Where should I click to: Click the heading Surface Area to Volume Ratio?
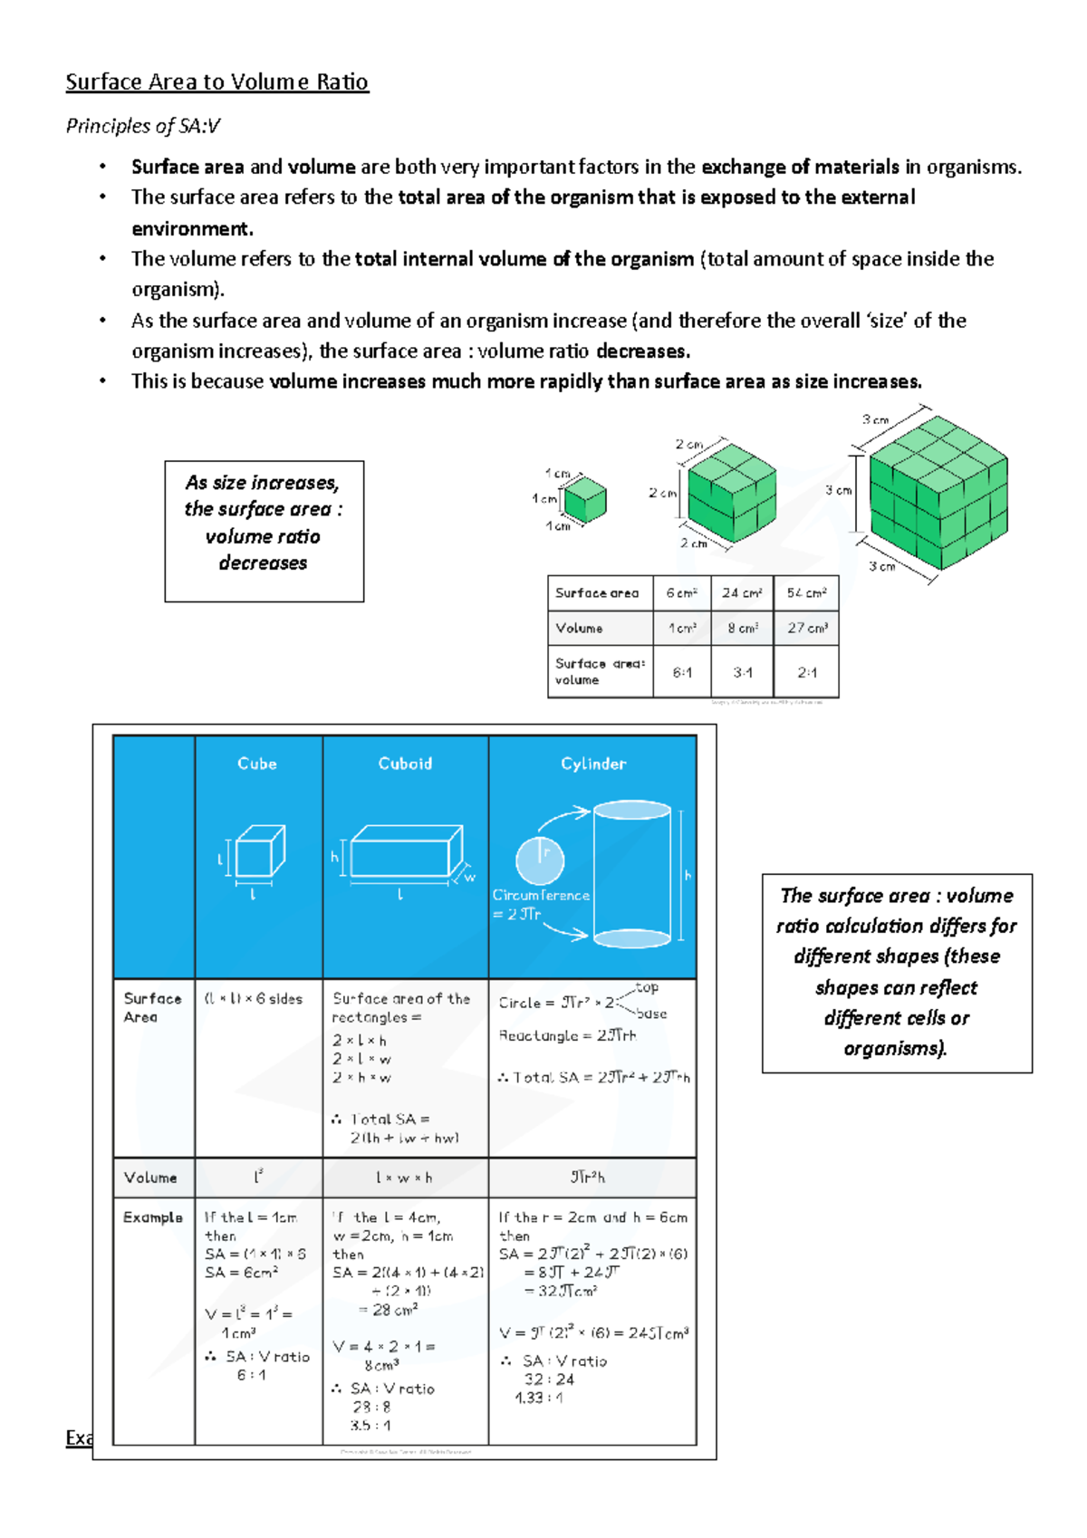[216, 82]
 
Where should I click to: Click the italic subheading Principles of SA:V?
[142, 126]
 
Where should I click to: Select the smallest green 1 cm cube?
[584, 500]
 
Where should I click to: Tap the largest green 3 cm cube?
[938, 493]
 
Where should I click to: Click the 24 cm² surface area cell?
[742, 593]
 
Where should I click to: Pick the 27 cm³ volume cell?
[806, 628]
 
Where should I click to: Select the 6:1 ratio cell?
[682, 672]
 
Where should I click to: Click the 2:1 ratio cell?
[806, 672]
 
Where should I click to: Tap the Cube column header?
[257, 764]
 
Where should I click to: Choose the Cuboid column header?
[405, 764]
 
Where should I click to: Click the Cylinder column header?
[593, 764]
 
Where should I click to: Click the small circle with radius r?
[540, 860]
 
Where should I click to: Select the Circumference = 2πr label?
[540, 904]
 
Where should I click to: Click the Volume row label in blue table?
[150, 1178]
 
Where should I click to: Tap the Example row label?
[152, 1217]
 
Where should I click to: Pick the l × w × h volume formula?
[404, 1178]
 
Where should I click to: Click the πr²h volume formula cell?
[588, 1178]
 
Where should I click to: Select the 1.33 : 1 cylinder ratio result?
[539, 1398]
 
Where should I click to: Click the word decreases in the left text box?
[263, 563]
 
